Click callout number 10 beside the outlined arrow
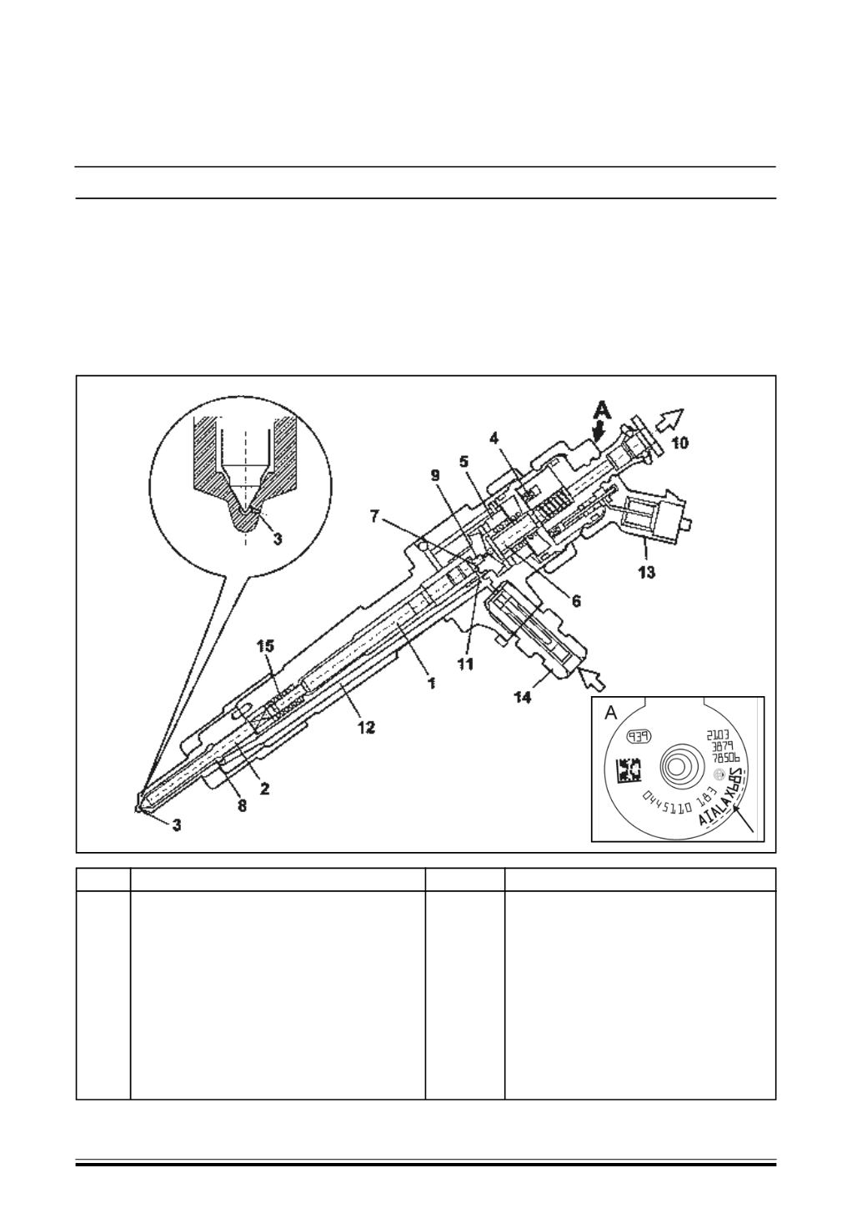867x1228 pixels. coord(680,443)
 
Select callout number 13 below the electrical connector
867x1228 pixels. coord(647,572)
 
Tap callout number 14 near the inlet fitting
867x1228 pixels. coord(521,698)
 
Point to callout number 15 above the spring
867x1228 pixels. coord(265,646)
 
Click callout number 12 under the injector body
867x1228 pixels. coord(365,728)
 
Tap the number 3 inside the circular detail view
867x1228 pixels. coord(278,539)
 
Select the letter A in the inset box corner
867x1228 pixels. coord(610,714)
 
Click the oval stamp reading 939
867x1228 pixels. coord(644,735)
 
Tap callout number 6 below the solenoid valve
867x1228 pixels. coord(576,600)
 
